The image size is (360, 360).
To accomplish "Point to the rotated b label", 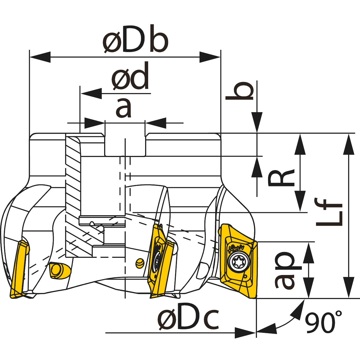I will tap(240, 91).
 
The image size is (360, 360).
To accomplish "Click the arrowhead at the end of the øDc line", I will tap(245, 333).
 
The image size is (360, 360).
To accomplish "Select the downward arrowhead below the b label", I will tap(257, 122).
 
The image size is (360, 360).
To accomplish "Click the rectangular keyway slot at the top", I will tap(125, 144).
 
